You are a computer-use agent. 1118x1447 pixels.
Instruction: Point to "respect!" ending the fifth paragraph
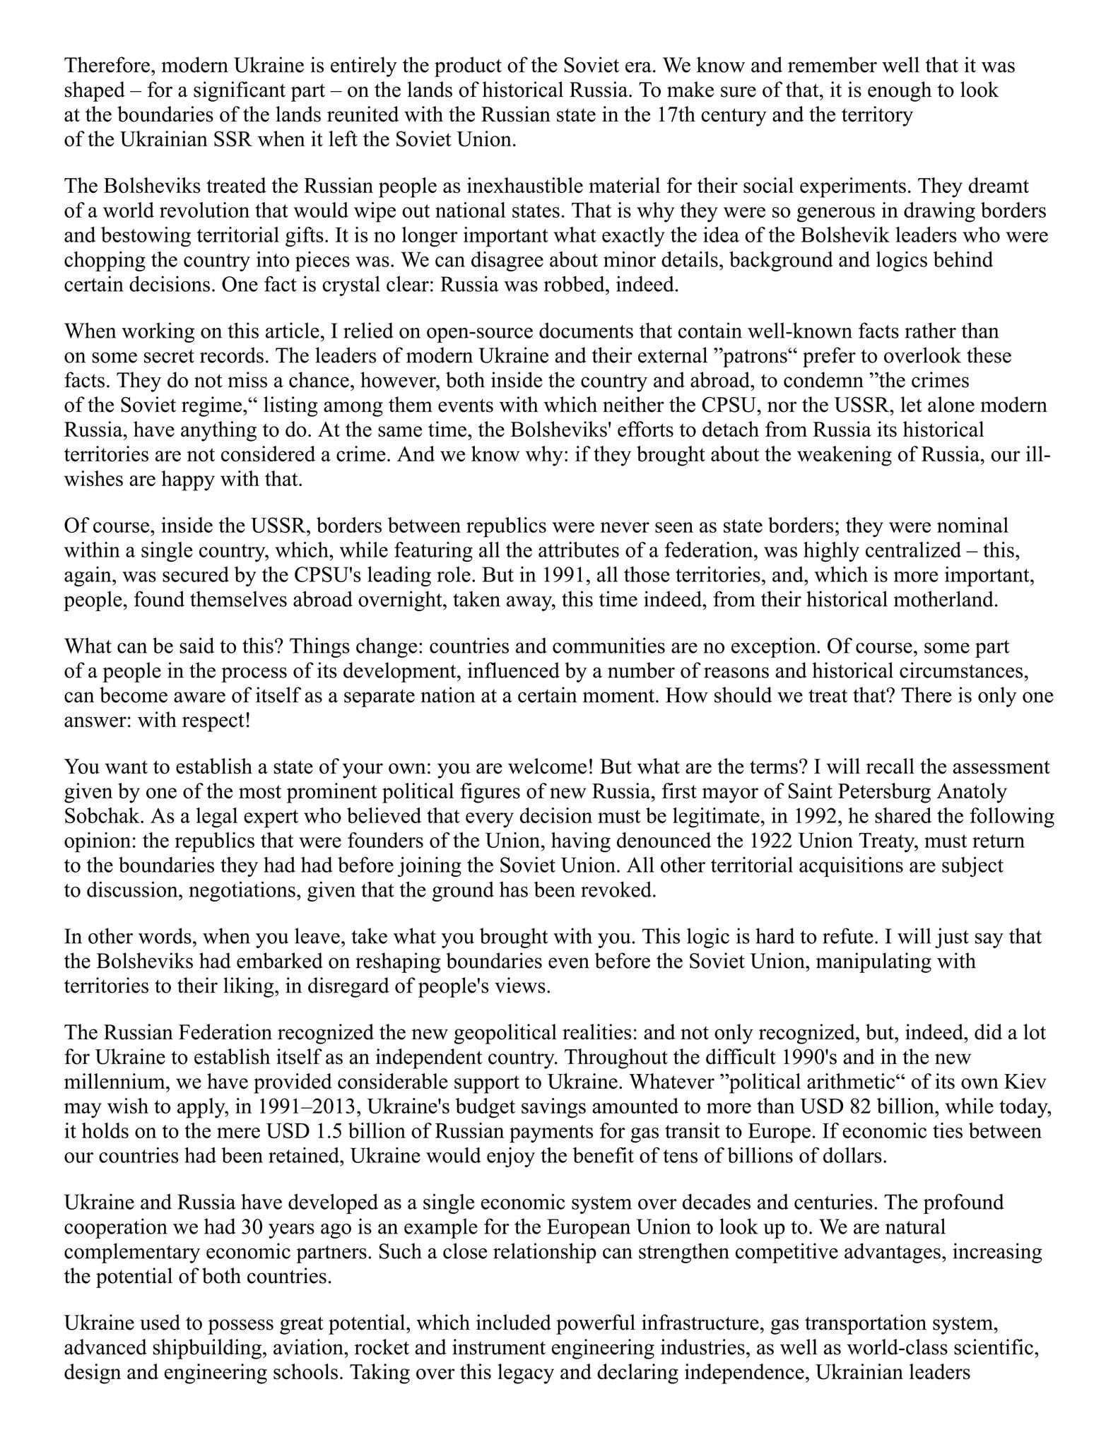coord(211,721)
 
